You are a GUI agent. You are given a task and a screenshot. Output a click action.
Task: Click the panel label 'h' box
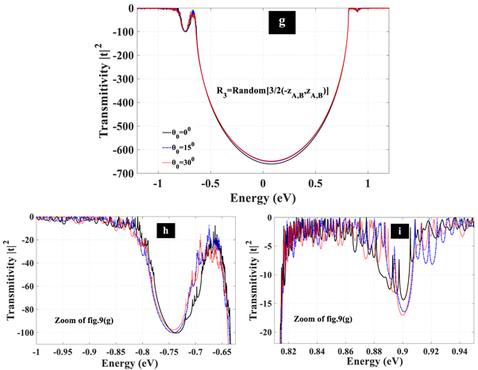pyautogui.click(x=165, y=231)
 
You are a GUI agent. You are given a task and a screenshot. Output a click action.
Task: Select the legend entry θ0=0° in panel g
pyautogui.click(x=182, y=133)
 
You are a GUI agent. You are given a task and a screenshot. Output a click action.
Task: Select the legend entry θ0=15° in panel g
pyautogui.click(x=182, y=146)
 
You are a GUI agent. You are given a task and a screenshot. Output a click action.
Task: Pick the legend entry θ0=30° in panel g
pyautogui.click(x=182, y=161)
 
